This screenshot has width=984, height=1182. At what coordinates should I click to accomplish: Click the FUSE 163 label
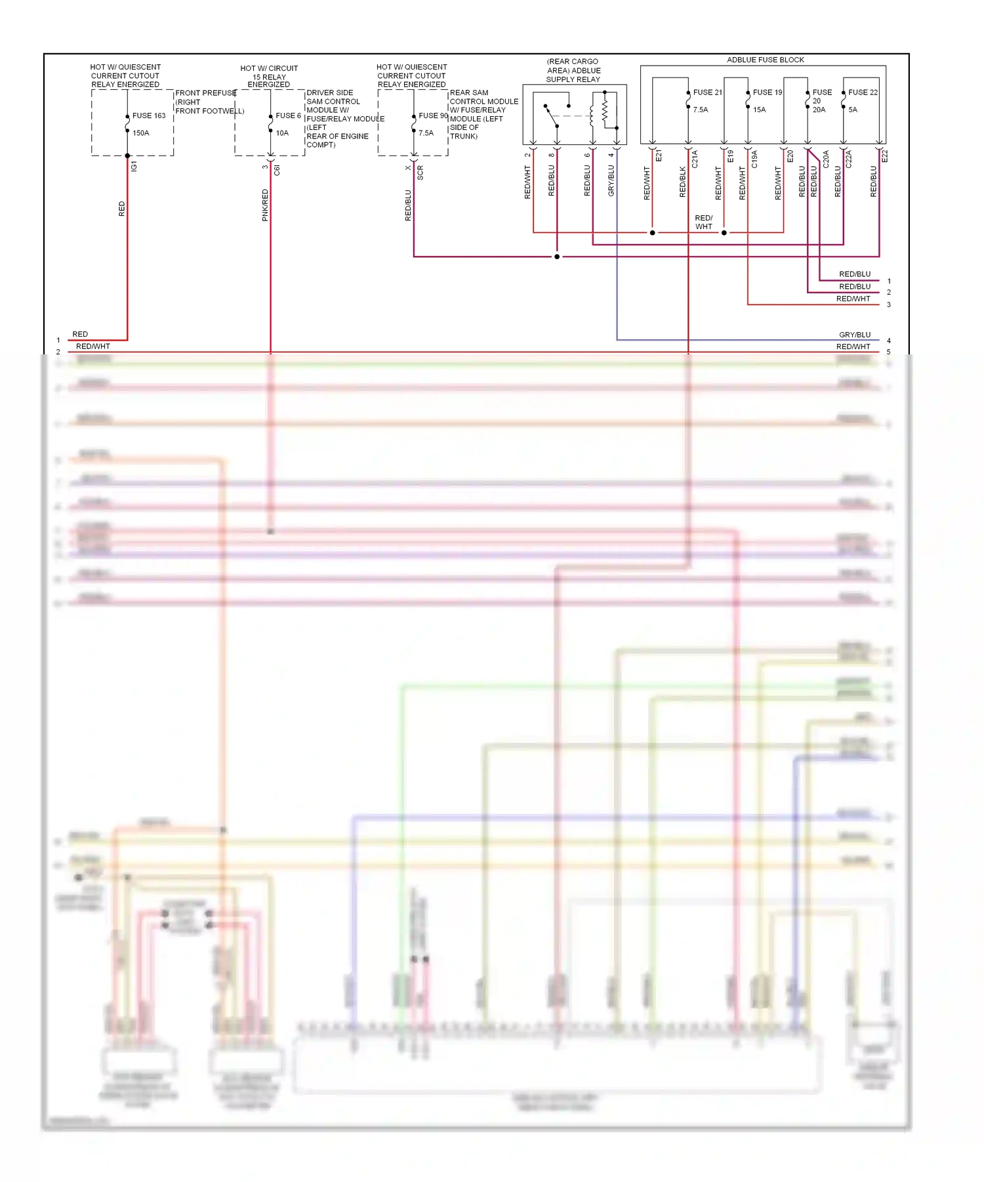149,116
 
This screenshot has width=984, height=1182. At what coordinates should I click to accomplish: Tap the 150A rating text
141,133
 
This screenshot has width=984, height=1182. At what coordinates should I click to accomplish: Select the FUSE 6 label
288,116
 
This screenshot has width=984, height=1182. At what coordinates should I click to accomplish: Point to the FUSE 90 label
433,116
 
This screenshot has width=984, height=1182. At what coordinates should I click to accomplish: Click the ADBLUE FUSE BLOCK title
765,60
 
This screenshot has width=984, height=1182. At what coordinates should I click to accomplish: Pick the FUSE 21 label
707,93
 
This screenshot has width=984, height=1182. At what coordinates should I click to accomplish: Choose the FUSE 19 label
767,93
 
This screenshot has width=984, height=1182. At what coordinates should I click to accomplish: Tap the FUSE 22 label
863,93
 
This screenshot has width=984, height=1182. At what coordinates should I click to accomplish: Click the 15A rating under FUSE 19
759,110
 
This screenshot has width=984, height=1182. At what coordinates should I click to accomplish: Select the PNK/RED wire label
265,205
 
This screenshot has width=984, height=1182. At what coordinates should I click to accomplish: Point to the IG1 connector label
134,166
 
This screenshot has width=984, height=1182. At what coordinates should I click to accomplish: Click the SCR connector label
420,173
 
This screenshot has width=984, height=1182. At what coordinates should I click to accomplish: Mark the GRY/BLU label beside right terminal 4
854,335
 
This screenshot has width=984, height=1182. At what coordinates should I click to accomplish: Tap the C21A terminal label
695,159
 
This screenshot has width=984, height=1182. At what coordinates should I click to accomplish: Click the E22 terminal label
884,156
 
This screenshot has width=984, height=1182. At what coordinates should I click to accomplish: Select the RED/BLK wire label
682,182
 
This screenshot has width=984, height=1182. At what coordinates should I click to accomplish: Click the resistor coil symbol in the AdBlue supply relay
605,108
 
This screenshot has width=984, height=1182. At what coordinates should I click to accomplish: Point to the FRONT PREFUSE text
205,93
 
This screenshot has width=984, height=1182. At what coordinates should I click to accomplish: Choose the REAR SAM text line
468,93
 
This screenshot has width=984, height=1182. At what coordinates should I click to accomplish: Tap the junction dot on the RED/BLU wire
557,257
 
